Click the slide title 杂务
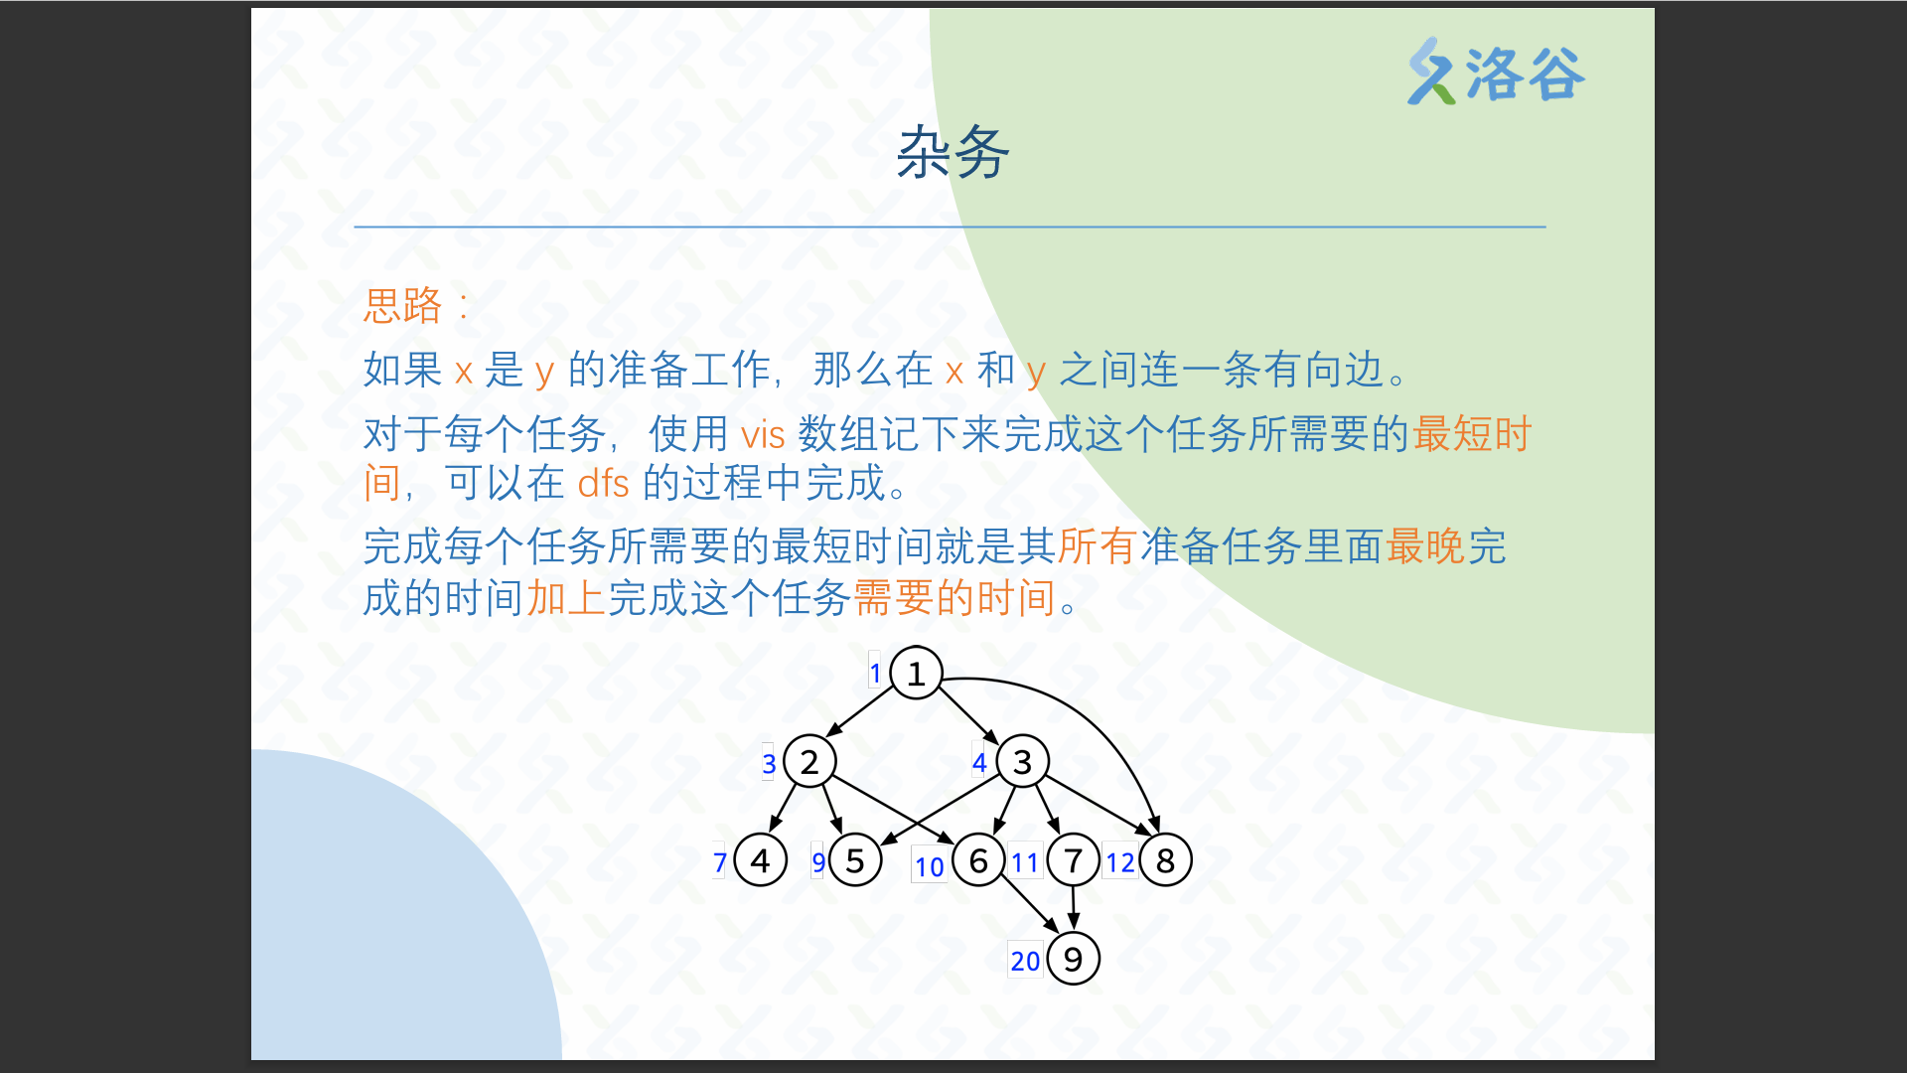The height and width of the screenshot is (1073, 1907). (953, 153)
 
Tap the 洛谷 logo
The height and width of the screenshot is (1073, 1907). (1496, 72)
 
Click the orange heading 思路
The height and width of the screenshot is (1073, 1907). (402, 305)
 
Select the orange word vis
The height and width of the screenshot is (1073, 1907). (763, 434)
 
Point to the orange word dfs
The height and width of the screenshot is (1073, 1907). (603, 483)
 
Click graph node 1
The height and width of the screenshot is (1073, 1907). (916, 673)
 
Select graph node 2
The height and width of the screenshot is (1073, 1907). (809, 762)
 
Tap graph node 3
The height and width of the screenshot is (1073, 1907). (1022, 762)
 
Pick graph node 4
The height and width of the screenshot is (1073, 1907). (761, 860)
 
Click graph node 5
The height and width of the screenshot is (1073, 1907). (855, 860)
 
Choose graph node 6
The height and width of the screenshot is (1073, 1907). (978, 860)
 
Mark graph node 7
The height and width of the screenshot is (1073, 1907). (1073, 860)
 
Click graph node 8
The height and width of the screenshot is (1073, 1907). (1165, 860)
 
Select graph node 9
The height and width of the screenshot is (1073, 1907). (1073, 959)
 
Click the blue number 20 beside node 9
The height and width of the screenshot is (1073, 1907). (1025, 961)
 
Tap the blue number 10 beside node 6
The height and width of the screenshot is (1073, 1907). (930, 867)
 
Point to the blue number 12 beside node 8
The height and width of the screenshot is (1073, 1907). (1120, 862)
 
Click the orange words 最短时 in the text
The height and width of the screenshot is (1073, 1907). (1473, 434)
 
